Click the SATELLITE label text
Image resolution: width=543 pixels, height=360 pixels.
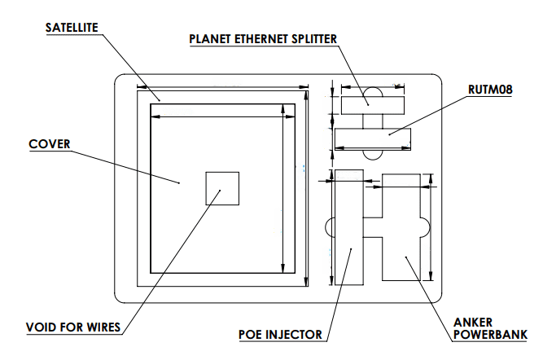72,28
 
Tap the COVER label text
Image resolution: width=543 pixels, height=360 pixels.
50,145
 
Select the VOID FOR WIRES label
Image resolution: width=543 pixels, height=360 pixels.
72,327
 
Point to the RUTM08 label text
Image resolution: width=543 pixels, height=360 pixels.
490,90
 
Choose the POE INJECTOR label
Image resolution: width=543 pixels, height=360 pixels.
280,334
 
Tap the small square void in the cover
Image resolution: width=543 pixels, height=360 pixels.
222,188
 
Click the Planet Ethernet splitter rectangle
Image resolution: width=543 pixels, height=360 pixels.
372,104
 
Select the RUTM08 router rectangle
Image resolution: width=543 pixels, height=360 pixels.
371,139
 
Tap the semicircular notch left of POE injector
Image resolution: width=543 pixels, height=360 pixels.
331,227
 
